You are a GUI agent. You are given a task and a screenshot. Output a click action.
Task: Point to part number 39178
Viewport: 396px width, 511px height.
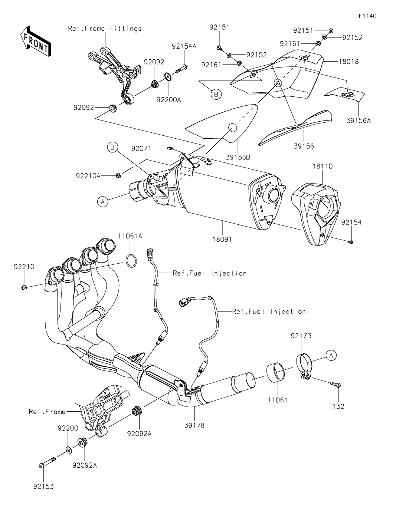click(x=194, y=425)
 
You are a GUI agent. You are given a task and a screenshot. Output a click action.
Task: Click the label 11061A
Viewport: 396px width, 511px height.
click(x=130, y=235)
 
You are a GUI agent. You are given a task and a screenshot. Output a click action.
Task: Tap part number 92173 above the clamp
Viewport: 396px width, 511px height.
click(x=301, y=336)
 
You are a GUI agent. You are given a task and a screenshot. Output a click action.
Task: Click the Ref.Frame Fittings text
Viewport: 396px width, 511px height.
click(x=105, y=29)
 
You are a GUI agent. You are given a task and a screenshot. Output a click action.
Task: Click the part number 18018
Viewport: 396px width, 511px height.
click(x=348, y=62)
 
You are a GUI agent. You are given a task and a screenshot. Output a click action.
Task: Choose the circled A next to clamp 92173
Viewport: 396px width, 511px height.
click(x=331, y=355)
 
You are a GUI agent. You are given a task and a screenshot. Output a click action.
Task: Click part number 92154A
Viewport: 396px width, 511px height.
click(x=184, y=46)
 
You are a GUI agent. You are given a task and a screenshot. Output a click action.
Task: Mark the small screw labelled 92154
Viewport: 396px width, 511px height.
click(x=351, y=242)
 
